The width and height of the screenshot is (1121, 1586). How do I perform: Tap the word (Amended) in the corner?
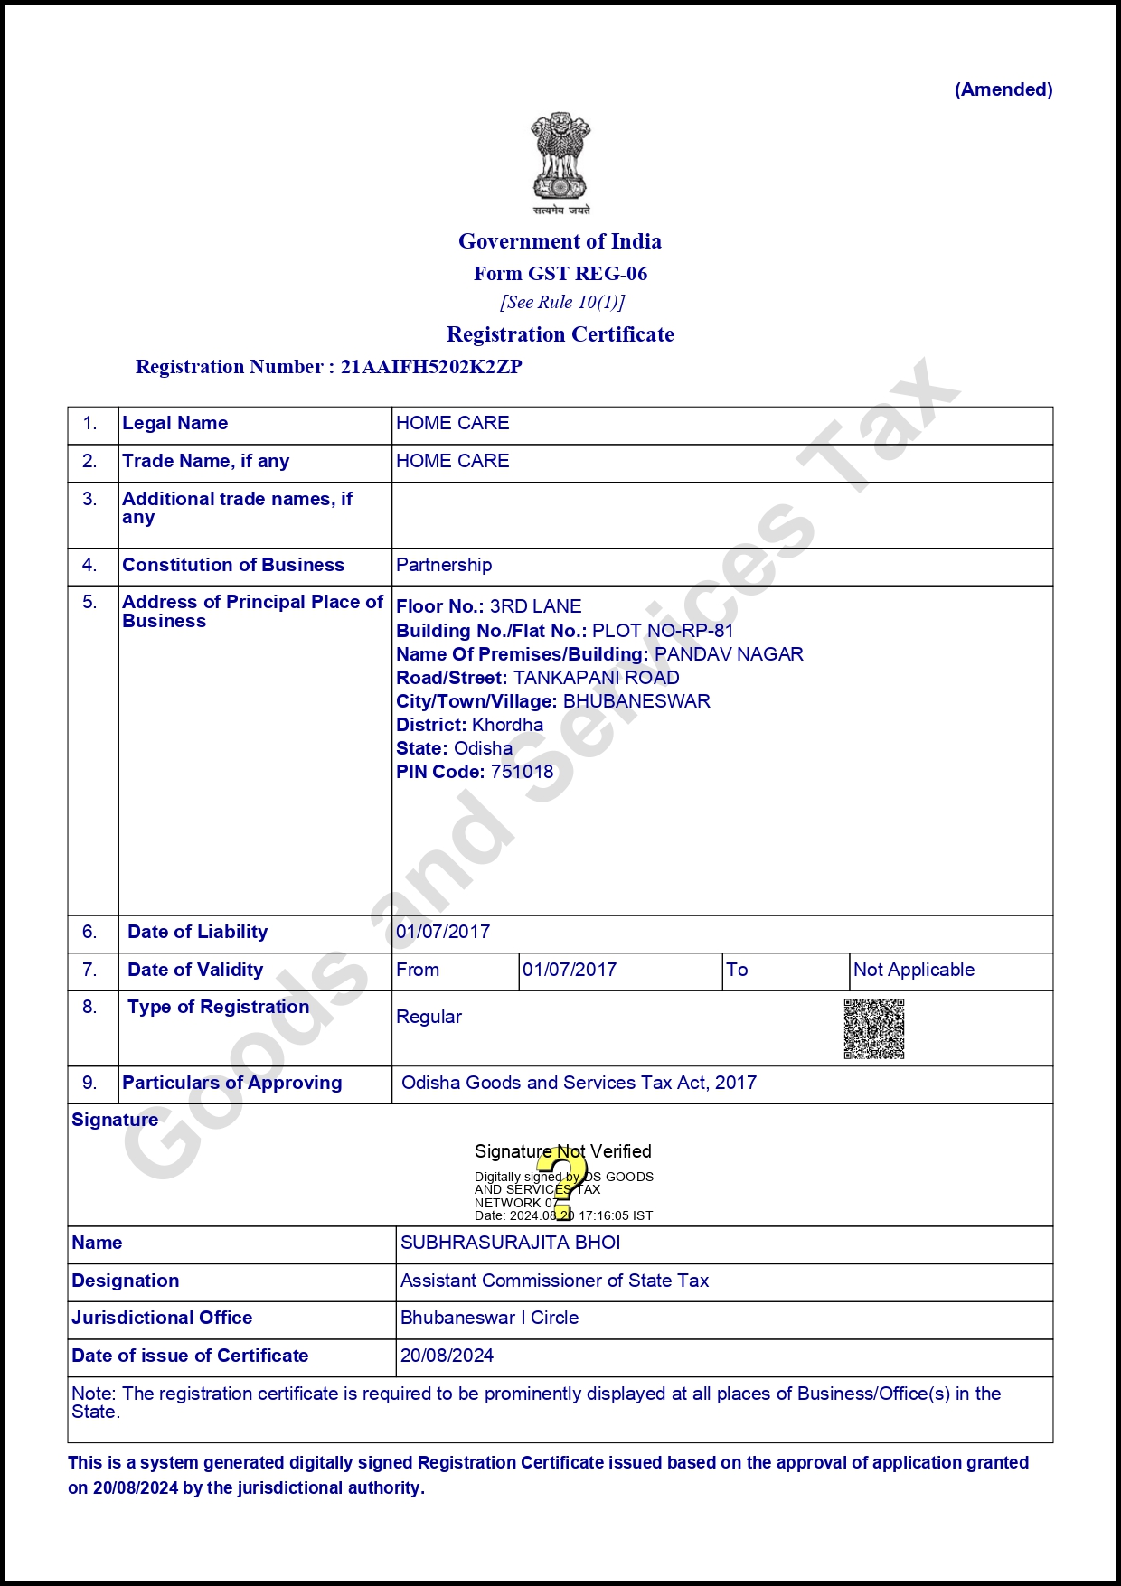click(1003, 89)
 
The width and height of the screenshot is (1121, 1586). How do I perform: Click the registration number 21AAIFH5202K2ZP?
click(431, 367)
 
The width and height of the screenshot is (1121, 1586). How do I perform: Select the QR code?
click(874, 1028)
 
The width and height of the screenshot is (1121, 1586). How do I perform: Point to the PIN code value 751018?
click(522, 772)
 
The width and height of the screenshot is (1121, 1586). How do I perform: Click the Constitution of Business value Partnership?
click(444, 565)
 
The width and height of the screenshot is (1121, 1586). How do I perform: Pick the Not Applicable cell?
click(914, 970)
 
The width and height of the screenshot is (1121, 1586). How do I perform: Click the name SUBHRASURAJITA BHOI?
click(510, 1243)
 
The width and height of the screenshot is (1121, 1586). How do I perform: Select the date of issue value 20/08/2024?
click(447, 1356)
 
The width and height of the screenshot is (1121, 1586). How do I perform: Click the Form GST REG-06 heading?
click(560, 274)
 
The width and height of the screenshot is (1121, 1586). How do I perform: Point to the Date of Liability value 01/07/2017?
click(443, 932)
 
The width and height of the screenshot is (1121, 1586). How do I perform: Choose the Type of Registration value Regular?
click(429, 1017)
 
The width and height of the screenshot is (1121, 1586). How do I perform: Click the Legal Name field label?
click(174, 423)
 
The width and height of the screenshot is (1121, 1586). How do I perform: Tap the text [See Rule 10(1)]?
click(562, 302)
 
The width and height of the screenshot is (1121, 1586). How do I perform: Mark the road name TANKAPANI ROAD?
click(596, 678)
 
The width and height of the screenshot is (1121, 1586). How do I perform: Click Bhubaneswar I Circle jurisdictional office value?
click(489, 1318)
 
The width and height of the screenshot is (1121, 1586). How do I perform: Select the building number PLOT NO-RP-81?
click(663, 631)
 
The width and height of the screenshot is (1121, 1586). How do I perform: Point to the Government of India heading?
click(560, 241)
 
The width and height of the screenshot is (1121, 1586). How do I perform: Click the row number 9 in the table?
click(89, 1083)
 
